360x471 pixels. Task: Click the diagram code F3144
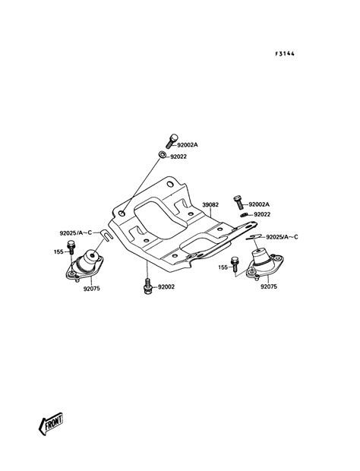pyautogui.click(x=285, y=54)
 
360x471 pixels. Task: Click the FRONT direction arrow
pyautogui.click(x=51, y=424)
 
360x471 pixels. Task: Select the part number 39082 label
pyautogui.click(x=210, y=204)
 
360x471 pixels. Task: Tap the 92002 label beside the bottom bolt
pyautogui.click(x=166, y=287)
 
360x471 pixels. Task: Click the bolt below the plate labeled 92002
pyautogui.click(x=147, y=286)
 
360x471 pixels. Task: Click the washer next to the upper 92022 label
pyautogui.click(x=162, y=155)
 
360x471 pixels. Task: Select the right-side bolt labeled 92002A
pyautogui.click(x=238, y=203)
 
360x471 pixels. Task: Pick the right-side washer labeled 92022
pyautogui.click(x=244, y=214)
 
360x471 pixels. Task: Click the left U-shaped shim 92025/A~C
pyautogui.click(x=106, y=235)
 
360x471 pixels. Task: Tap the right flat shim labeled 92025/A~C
pyautogui.click(x=254, y=237)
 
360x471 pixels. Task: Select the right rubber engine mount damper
pyautogui.click(x=265, y=264)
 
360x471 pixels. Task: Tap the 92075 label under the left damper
pyautogui.click(x=92, y=289)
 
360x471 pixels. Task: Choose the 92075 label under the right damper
pyautogui.click(x=269, y=286)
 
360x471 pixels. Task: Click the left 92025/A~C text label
pyautogui.click(x=76, y=232)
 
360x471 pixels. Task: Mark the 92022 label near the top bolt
pyautogui.click(x=178, y=156)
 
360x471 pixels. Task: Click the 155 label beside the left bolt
pyautogui.click(x=58, y=251)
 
